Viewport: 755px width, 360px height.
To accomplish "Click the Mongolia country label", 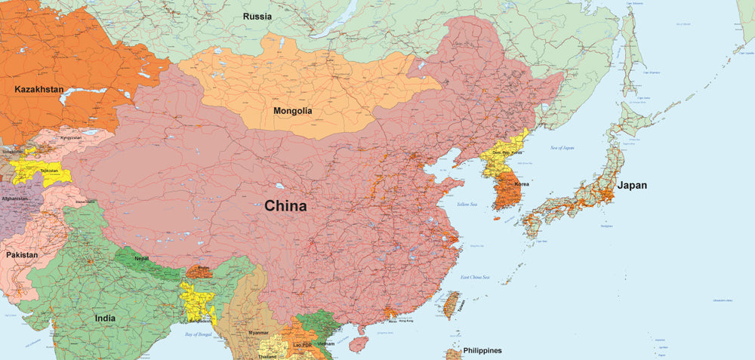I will coord(292,111).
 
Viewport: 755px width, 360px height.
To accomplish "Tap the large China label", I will coord(285,206).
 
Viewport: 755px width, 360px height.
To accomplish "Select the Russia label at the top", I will coord(257,16).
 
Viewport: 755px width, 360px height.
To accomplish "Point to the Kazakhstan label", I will coord(39,89).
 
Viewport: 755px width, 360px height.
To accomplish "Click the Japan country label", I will coord(631,185).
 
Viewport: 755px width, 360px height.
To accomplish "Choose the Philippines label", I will coord(482,350).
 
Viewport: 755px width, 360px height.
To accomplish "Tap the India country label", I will coord(105,318).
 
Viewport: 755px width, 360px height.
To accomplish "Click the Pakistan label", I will coord(22,255).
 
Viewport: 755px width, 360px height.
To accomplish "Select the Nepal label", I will coord(141,258).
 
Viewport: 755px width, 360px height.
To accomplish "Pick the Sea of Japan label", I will coord(562,148).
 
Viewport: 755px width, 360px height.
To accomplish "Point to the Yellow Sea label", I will coord(467,205).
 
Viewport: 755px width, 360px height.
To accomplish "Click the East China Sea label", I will coord(476,278).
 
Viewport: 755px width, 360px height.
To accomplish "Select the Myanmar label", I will coord(258,333).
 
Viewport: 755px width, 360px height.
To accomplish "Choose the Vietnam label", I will coord(325,343).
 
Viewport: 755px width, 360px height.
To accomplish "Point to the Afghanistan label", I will coord(14,198).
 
